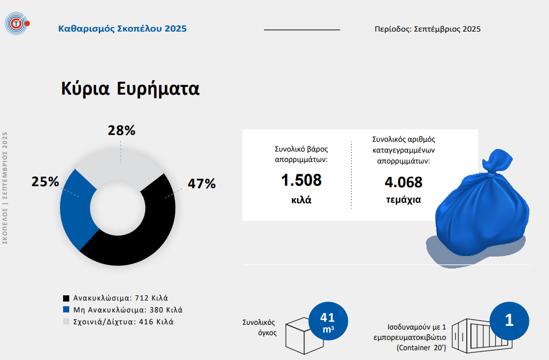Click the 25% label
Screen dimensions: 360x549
point(45,182)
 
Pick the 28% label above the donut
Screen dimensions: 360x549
point(121,130)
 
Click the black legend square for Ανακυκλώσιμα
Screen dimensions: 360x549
point(66,298)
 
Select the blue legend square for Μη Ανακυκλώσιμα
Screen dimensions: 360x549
point(66,310)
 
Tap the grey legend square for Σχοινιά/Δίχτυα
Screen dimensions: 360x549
point(66,322)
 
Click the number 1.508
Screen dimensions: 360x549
point(301,181)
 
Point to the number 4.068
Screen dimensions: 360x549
point(403,182)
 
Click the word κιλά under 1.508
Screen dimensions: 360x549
point(301,200)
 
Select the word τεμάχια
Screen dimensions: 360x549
point(403,200)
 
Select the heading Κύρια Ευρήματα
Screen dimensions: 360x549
point(130,88)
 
